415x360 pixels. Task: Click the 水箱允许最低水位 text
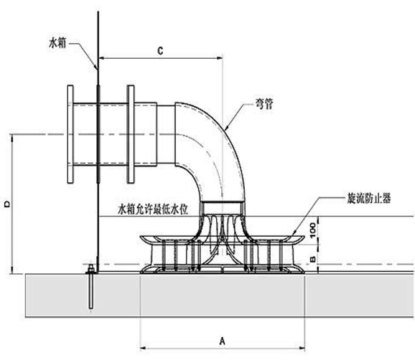coord(153,209)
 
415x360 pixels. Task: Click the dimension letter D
coord(6,205)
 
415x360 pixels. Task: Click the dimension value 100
coord(314,230)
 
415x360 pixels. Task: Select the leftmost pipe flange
coord(70,136)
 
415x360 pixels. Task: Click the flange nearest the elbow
coord(130,136)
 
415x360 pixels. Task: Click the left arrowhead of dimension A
coord(143,343)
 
